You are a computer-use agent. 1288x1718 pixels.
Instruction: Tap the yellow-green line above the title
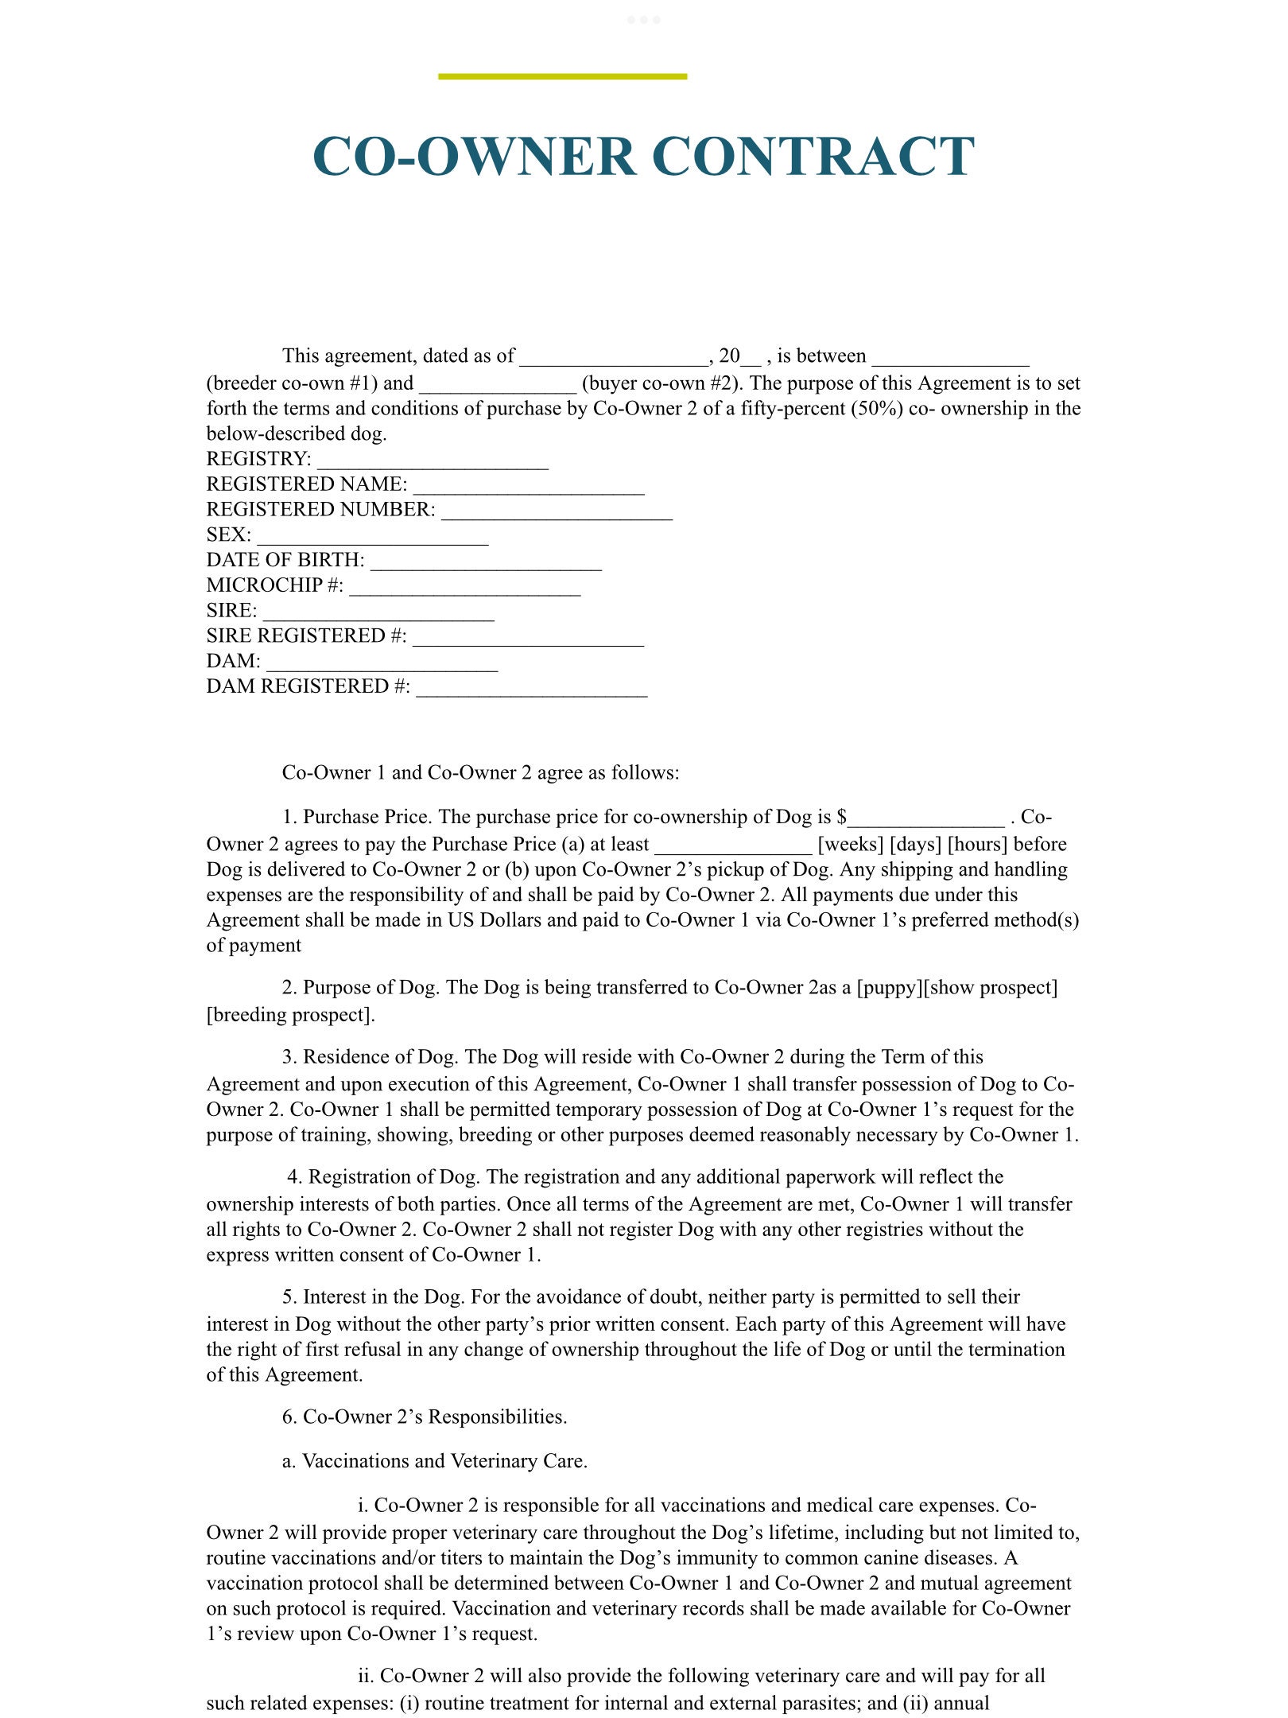coord(562,76)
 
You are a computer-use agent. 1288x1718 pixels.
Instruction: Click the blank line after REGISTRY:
coord(433,461)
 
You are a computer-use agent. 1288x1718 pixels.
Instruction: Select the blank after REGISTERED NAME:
coord(529,487)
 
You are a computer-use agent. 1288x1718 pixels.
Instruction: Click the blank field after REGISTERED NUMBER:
coord(557,512)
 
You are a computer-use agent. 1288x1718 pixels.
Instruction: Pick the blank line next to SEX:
coord(372,538)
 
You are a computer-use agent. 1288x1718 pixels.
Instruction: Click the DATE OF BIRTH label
coord(285,560)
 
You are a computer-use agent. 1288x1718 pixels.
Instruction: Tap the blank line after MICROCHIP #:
coord(464,588)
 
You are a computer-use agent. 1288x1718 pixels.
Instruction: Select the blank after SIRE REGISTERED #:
coord(528,639)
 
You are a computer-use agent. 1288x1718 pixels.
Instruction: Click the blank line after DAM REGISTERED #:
coord(531,689)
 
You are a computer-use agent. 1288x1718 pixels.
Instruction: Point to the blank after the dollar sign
coord(925,819)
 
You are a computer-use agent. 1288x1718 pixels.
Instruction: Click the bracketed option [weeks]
coord(850,844)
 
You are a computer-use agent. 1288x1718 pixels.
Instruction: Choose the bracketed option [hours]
coord(977,844)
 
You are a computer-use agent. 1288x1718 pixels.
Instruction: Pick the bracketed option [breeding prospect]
coord(290,1015)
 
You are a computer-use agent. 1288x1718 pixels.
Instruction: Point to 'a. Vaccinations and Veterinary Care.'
coord(434,1461)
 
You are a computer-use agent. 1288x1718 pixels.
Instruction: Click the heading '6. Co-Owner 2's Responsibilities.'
coord(425,1417)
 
